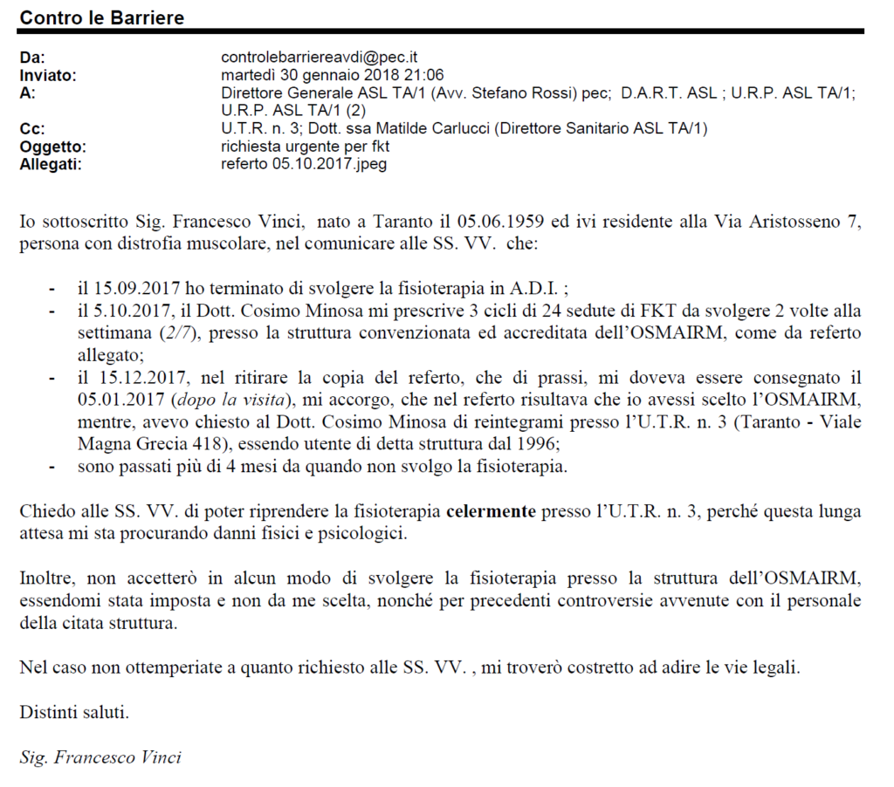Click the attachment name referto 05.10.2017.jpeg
click(304, 163)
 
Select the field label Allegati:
click(51, 163)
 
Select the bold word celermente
click(492, 511)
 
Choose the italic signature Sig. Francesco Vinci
click(100, 756)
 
